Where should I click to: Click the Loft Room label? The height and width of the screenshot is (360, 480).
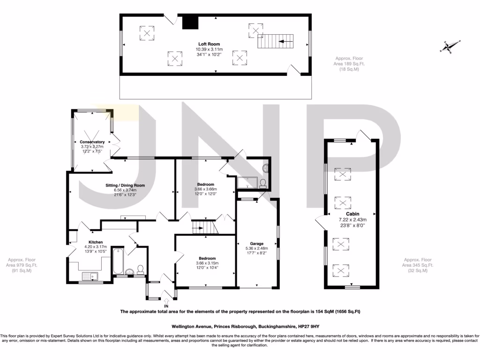pyautogui.click(x=209, y=44)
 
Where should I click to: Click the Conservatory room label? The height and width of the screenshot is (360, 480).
pyautogui.click(x=92, y=142)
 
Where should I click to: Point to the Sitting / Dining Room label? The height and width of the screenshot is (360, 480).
pyautogui.click(x=125, y=186)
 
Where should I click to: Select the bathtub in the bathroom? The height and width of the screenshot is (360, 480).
pyautogui.click(x=117, y=262)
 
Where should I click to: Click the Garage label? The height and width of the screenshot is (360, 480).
pyautogui.click(x=256, y=244)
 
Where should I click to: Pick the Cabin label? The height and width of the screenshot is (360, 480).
pyautogui.click(x=352, y=214)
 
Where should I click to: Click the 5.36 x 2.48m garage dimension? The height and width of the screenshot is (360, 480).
pyautogui.click(x=256, y=248)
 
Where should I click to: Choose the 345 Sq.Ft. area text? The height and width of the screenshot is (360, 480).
pyautogui.click(x=420, y=265)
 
